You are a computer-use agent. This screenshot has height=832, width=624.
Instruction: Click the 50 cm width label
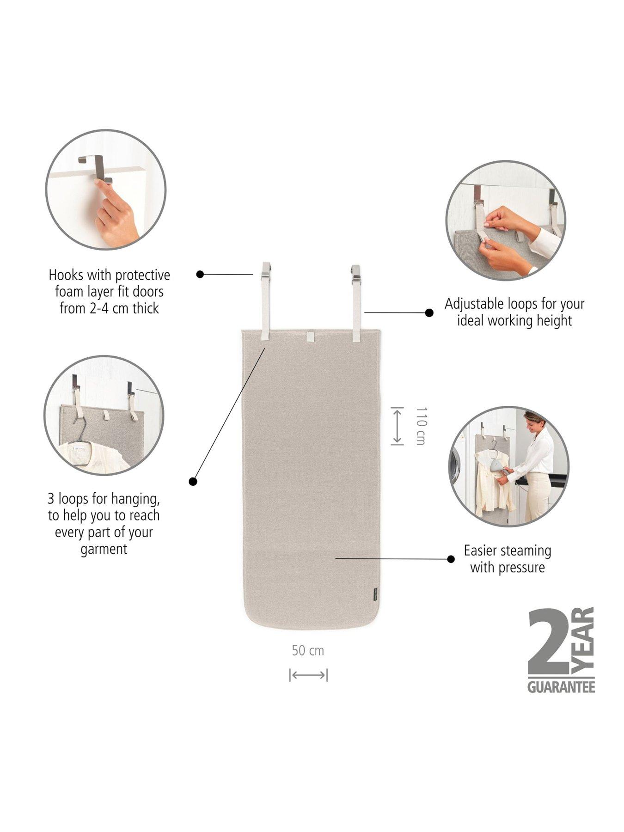coord(308,651)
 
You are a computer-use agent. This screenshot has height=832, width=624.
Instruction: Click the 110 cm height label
coord(420,426)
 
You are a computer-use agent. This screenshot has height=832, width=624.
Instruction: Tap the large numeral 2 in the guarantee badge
coord(548,643)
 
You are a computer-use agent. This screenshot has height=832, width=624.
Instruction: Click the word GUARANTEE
coord(561,687)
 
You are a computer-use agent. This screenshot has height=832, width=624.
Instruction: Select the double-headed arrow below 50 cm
coord(308,675)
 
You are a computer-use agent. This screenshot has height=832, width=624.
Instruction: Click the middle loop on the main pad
coord(310,336)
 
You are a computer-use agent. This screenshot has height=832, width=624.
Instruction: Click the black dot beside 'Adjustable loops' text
coord(429,313)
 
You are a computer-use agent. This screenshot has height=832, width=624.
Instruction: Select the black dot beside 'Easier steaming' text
coord(451,559)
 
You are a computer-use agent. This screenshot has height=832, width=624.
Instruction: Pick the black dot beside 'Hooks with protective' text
coord(200,275)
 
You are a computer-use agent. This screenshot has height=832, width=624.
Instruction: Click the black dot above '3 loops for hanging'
coord(193,482)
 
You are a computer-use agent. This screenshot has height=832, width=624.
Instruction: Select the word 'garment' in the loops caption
coord(104,549)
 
